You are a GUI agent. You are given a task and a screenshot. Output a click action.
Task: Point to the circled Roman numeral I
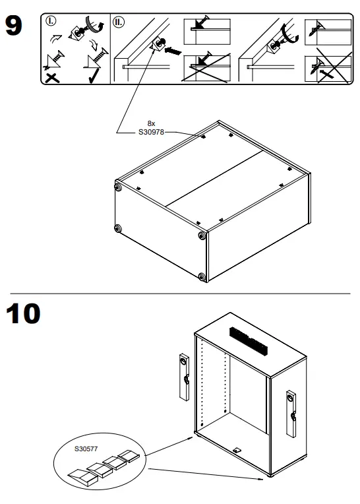point(52,20)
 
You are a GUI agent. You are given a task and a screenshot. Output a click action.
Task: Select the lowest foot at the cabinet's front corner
point(201,276)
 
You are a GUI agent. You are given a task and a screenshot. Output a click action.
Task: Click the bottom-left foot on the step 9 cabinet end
point(118,229)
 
